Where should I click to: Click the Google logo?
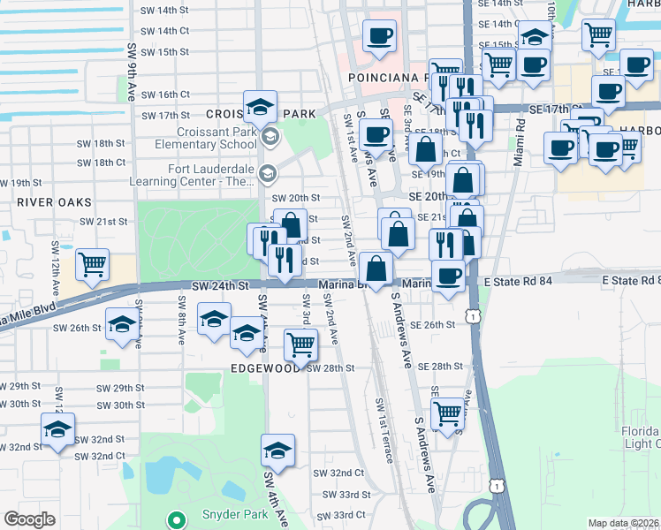[30, 519]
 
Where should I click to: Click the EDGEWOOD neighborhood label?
[266, 368]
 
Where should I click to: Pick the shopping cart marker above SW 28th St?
[301, 344]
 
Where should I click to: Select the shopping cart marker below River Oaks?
[92, 264]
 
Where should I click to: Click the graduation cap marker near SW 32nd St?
[57, 431]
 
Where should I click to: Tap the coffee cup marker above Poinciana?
[380, 36]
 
